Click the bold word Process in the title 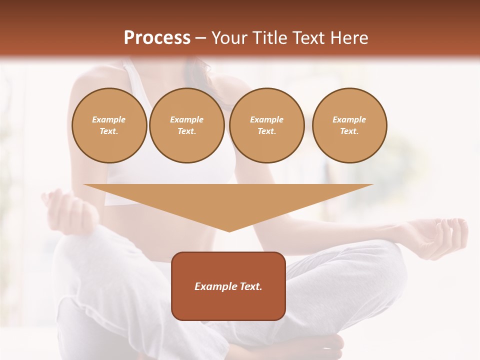[157, 38]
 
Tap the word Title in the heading [271, 38]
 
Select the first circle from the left [109, 125]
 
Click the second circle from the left [186, 125]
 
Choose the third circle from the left [266, 125]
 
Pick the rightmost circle [349, 125]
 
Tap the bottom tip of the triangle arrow [229, 230]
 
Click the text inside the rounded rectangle [228, 286]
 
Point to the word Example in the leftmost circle [109, 119]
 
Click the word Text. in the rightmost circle [349, 131]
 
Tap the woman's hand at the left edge [65, 210]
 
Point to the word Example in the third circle [266, 119]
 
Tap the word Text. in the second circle [186, 131]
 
